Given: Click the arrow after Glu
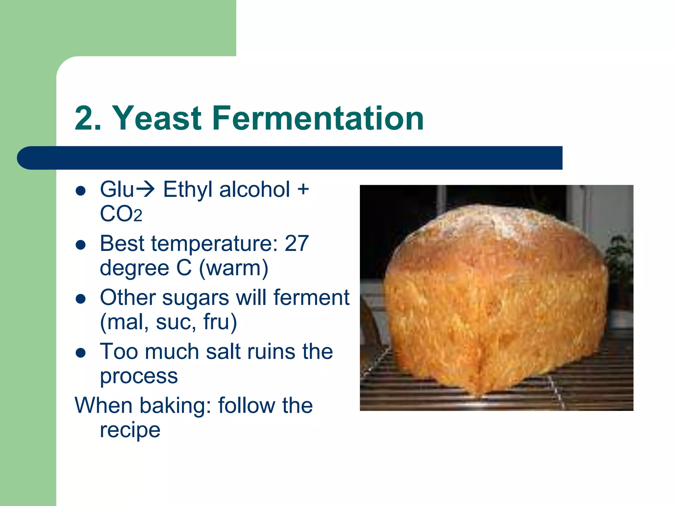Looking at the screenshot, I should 145,189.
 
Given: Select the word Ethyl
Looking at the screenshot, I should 188,190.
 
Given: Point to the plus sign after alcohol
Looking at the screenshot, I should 303,190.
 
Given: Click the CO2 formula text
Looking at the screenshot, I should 121,214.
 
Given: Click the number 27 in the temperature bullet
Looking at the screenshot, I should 296,243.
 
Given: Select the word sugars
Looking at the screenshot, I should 195,297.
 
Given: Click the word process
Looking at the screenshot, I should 139,376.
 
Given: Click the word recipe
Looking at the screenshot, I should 130,430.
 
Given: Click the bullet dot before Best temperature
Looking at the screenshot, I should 81,245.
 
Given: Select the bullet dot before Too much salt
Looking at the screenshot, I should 81,353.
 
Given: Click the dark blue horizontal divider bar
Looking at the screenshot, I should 290,158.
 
